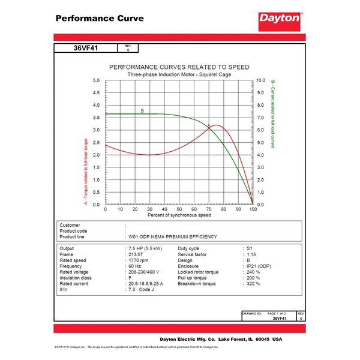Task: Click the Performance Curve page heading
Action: tap(100, 18)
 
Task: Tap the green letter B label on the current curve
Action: tap(142, 111)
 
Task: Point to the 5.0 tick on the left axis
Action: tap(97, 80)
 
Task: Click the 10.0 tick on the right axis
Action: tap(261, 80)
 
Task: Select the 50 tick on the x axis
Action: tap(179, 209)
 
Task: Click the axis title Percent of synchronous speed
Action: tap(179, 215)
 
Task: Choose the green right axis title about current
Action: tap(272, 114)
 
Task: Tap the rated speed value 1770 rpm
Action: tap(139, 260)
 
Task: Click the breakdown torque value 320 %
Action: tap(254, 283)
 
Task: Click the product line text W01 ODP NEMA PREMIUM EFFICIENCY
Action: tap(173, 236)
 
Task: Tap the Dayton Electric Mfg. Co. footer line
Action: tap(220, 338)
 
